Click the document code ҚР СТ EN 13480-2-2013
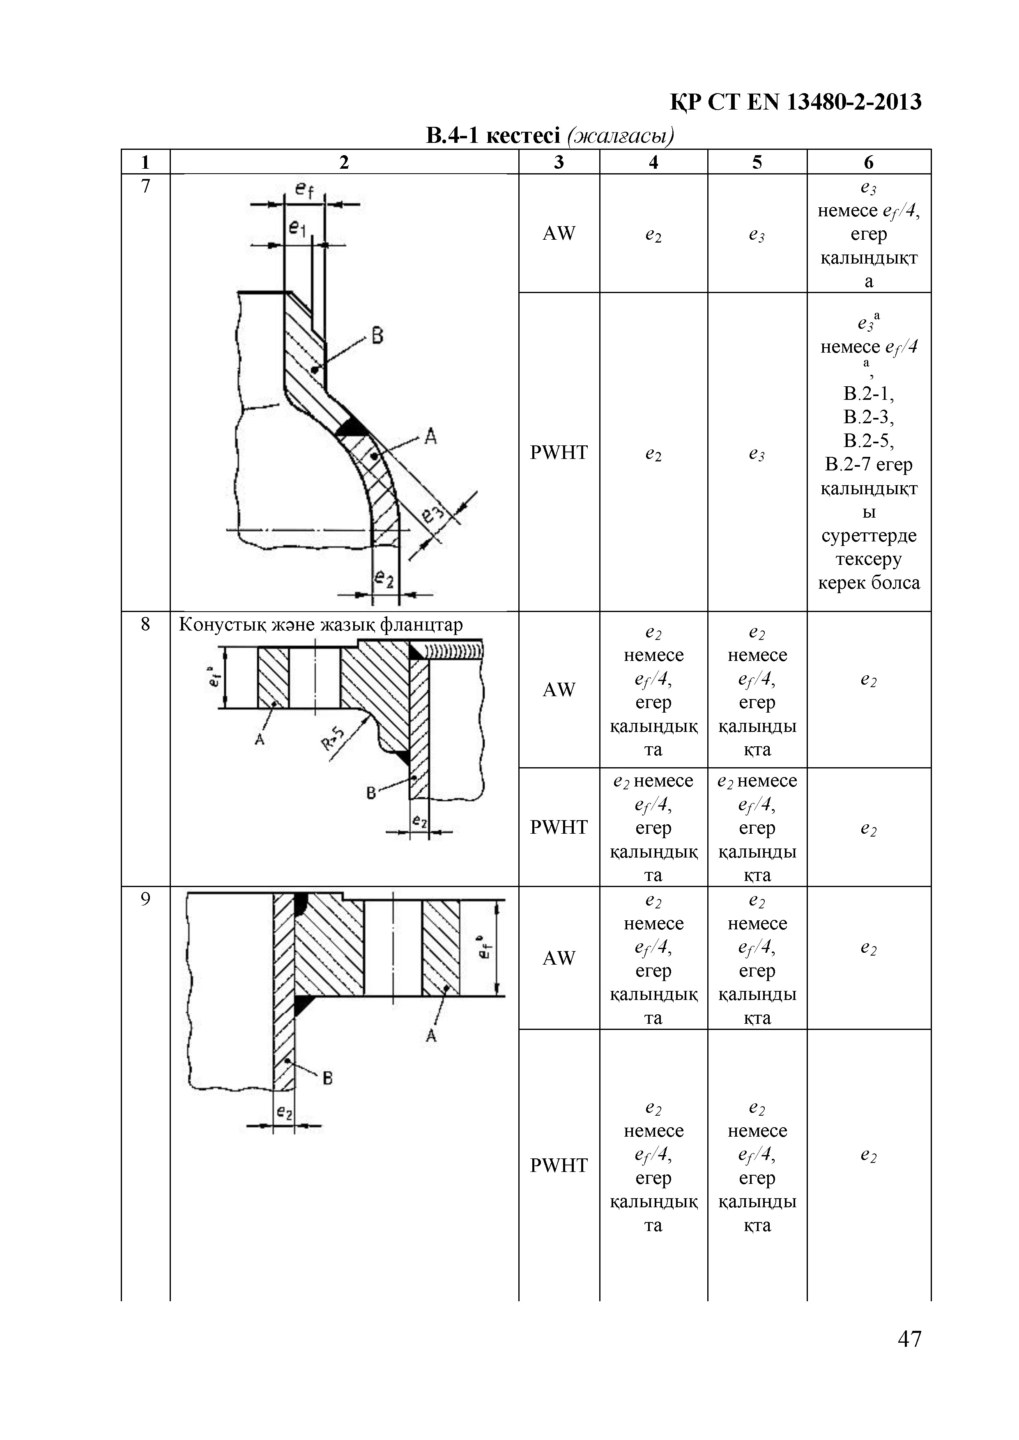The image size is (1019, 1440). (x=795, y=102)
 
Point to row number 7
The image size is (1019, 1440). (x=145, y=186)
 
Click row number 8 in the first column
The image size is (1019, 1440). (x=145, y=624)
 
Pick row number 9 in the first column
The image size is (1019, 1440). (x=145, y=899)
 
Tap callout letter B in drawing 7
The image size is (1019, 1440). (x=377, y=336)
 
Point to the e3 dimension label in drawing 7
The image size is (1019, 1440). (x=433, y=514)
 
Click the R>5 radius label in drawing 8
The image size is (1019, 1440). (x=333, y=738)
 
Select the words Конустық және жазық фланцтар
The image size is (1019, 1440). (x=321, y=625)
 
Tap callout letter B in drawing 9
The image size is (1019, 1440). (x=327, y=1078)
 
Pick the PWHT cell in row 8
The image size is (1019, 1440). (x=559, y=827)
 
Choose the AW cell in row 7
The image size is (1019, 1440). (x=559, y=233)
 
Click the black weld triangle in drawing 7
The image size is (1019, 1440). (x=352, y=428)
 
